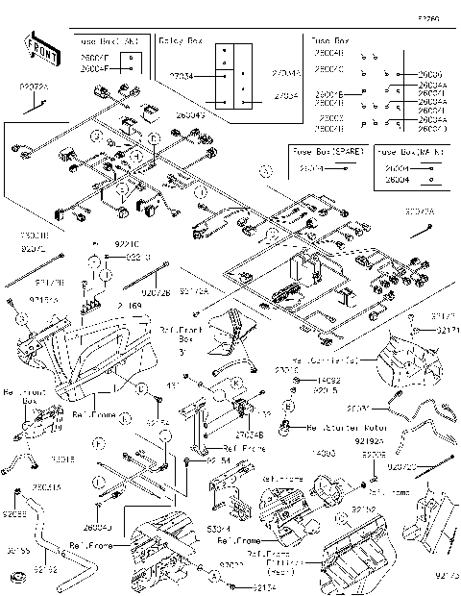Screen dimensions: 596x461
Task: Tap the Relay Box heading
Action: [x=181, y=42]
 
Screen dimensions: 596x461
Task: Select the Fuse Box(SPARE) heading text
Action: [x=325, y=152]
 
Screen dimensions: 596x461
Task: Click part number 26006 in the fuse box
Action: [x=430, y=74]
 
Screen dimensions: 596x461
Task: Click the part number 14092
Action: [x=328, y=381]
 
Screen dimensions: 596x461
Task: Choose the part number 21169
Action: [x=130, y=306]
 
